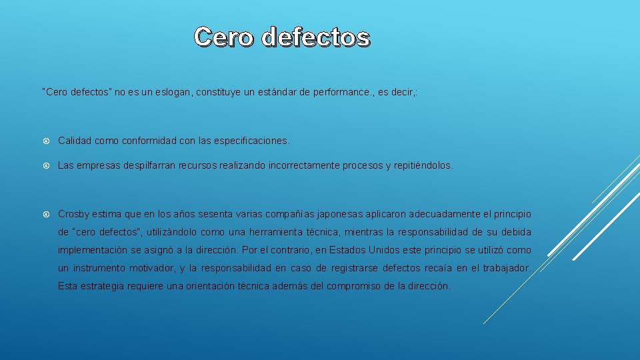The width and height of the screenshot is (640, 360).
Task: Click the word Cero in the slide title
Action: (x=224, y=37)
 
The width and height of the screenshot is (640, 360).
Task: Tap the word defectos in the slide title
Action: (x=315, y=37)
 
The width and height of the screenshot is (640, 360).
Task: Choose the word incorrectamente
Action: (x=292, y=165)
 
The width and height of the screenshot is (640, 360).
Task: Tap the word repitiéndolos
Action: (x=421, y=165)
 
